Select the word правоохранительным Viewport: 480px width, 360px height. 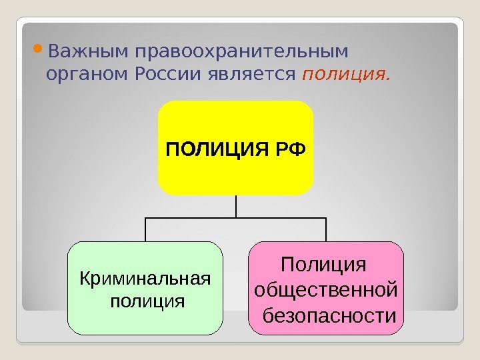(x=240, y=52)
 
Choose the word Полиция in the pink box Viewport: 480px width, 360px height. (x=324, y=265)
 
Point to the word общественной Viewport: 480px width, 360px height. (x=326, y=290)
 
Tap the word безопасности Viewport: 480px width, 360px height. (x=329, y=314)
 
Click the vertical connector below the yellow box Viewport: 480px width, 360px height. (x=236, y=206)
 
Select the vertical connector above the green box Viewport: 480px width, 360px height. (x=146, y=229)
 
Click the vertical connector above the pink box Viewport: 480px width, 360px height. (x=326, y=229)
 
